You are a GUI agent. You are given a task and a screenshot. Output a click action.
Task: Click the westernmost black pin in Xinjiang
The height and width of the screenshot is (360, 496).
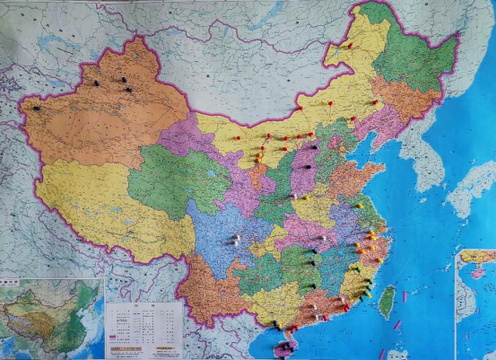(x=37, y=109)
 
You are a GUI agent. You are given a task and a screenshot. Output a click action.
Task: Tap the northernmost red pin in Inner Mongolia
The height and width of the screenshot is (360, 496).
(x=349, y=45)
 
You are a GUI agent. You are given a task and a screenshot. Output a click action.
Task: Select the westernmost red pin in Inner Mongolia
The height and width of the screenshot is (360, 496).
(x=236, y=138)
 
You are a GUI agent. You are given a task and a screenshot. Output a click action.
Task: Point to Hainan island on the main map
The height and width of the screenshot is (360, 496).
(x=285, y=347)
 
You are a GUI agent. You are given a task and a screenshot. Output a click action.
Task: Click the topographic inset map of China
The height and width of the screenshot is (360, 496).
(x=53, y=319)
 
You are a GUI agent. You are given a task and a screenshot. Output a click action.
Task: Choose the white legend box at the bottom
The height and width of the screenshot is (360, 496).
(x=144, y=329)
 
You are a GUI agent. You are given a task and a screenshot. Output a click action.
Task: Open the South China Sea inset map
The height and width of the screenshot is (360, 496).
(x=474, y=305)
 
